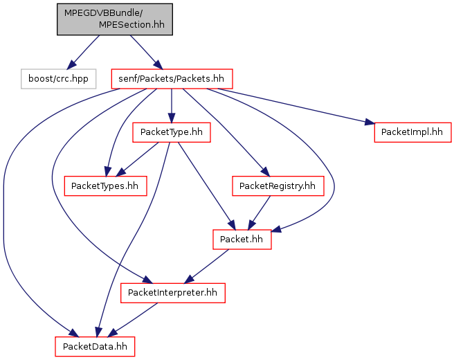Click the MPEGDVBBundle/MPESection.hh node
coord(115,19)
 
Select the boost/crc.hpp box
coord(59,79)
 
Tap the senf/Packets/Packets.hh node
coord(172,79)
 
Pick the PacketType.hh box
coord(172,132)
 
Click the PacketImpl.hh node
coord(412,132)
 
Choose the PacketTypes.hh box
coord(105,186)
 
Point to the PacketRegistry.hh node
coord(278,186)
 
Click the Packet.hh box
coord(242,240)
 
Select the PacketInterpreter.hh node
coord(173,293)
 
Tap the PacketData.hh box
coord(95,347)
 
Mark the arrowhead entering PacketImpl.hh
coord(370,123)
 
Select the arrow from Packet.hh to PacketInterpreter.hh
coord(206,267)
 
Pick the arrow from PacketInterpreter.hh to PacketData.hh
coord(133,320)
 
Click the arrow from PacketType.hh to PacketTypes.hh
coord(137,159)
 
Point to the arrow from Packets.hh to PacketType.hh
coord(172,106)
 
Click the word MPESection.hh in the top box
coord(131,25)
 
